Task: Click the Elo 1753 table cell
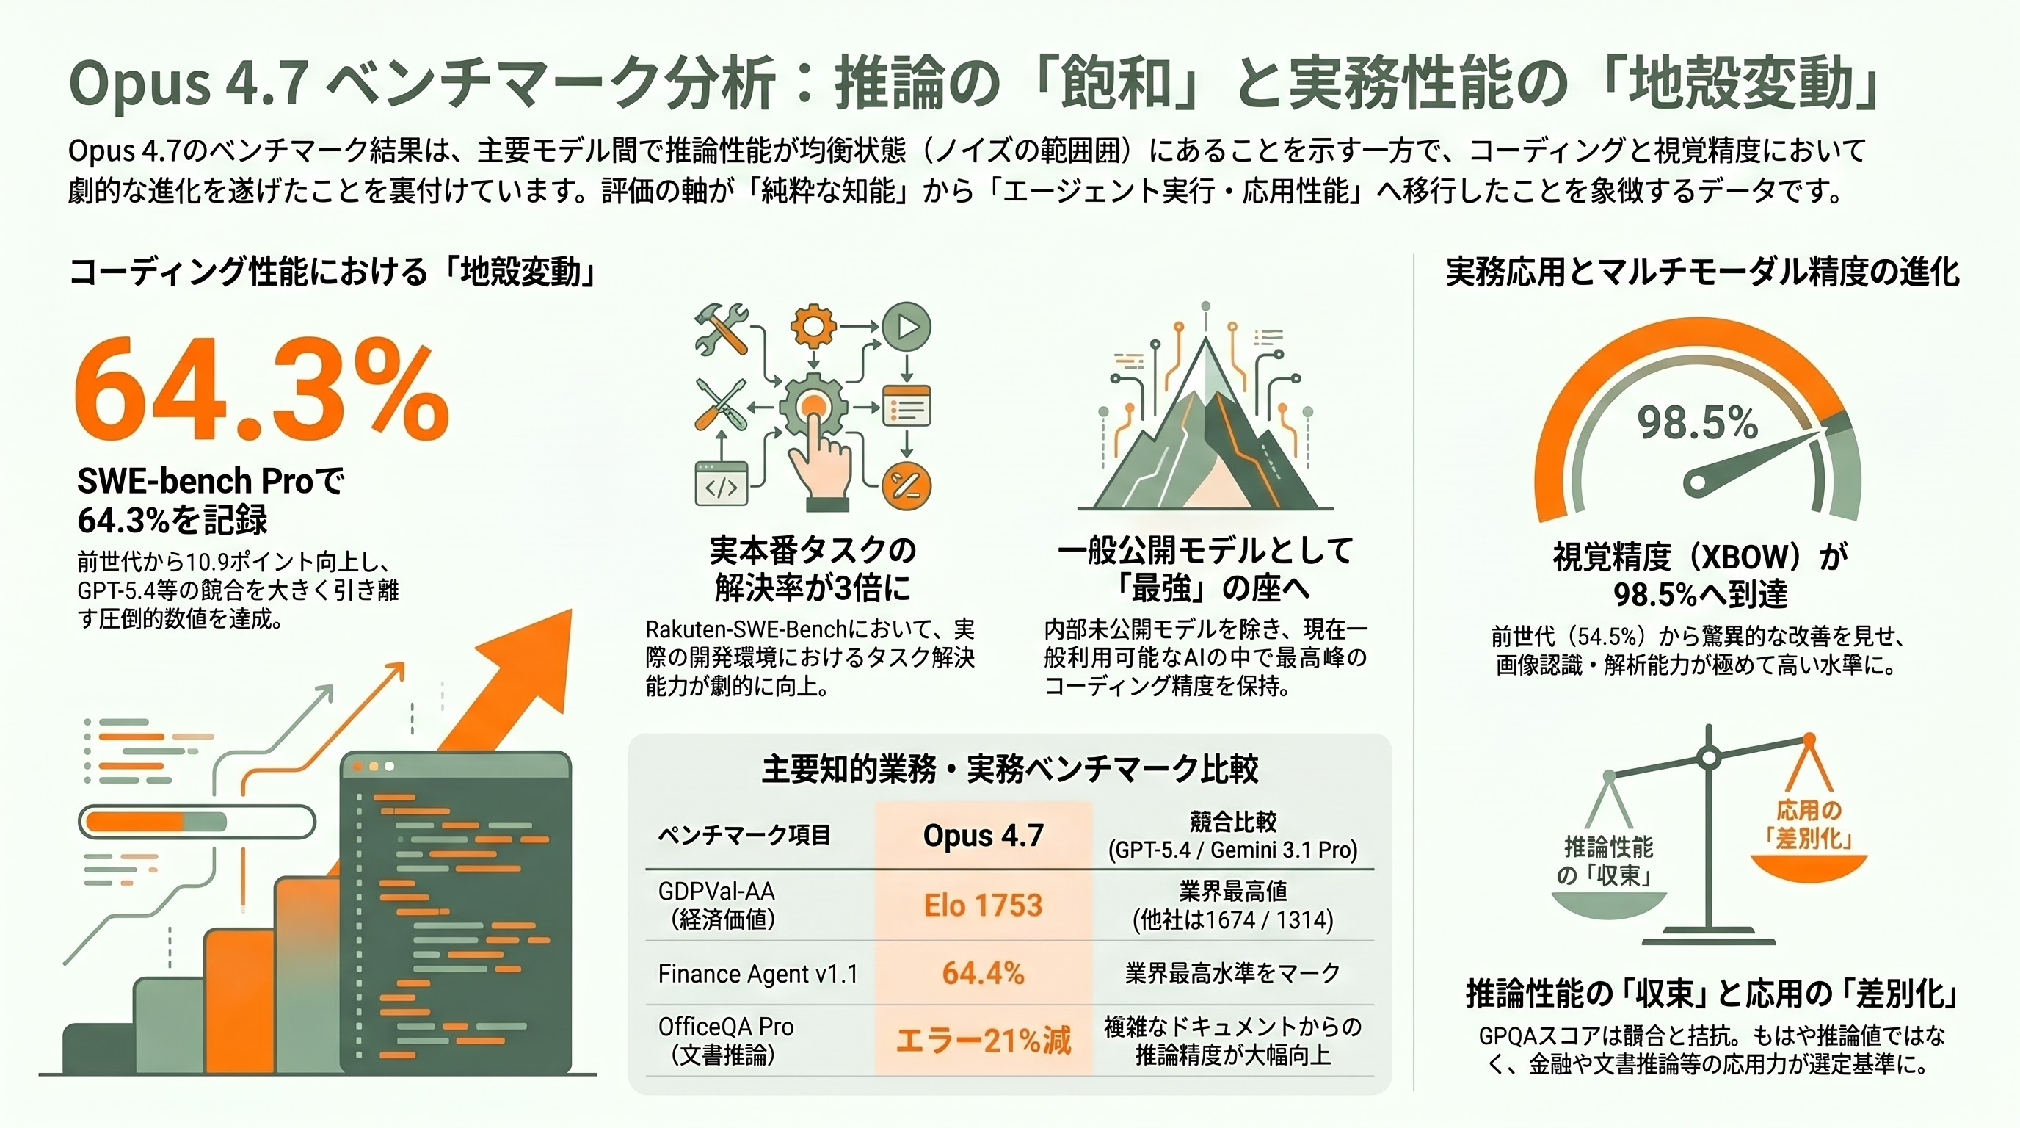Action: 984,906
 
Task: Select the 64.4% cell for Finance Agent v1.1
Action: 984,974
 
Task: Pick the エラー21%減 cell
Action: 984,1041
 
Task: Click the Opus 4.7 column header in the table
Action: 984,836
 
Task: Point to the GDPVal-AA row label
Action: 716,905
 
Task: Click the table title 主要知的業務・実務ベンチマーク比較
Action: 1010,770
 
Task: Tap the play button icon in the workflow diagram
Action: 907,325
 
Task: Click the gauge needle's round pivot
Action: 1696,481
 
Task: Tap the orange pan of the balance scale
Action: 1809,867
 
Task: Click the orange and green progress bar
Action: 196,822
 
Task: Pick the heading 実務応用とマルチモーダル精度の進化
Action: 1702,272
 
